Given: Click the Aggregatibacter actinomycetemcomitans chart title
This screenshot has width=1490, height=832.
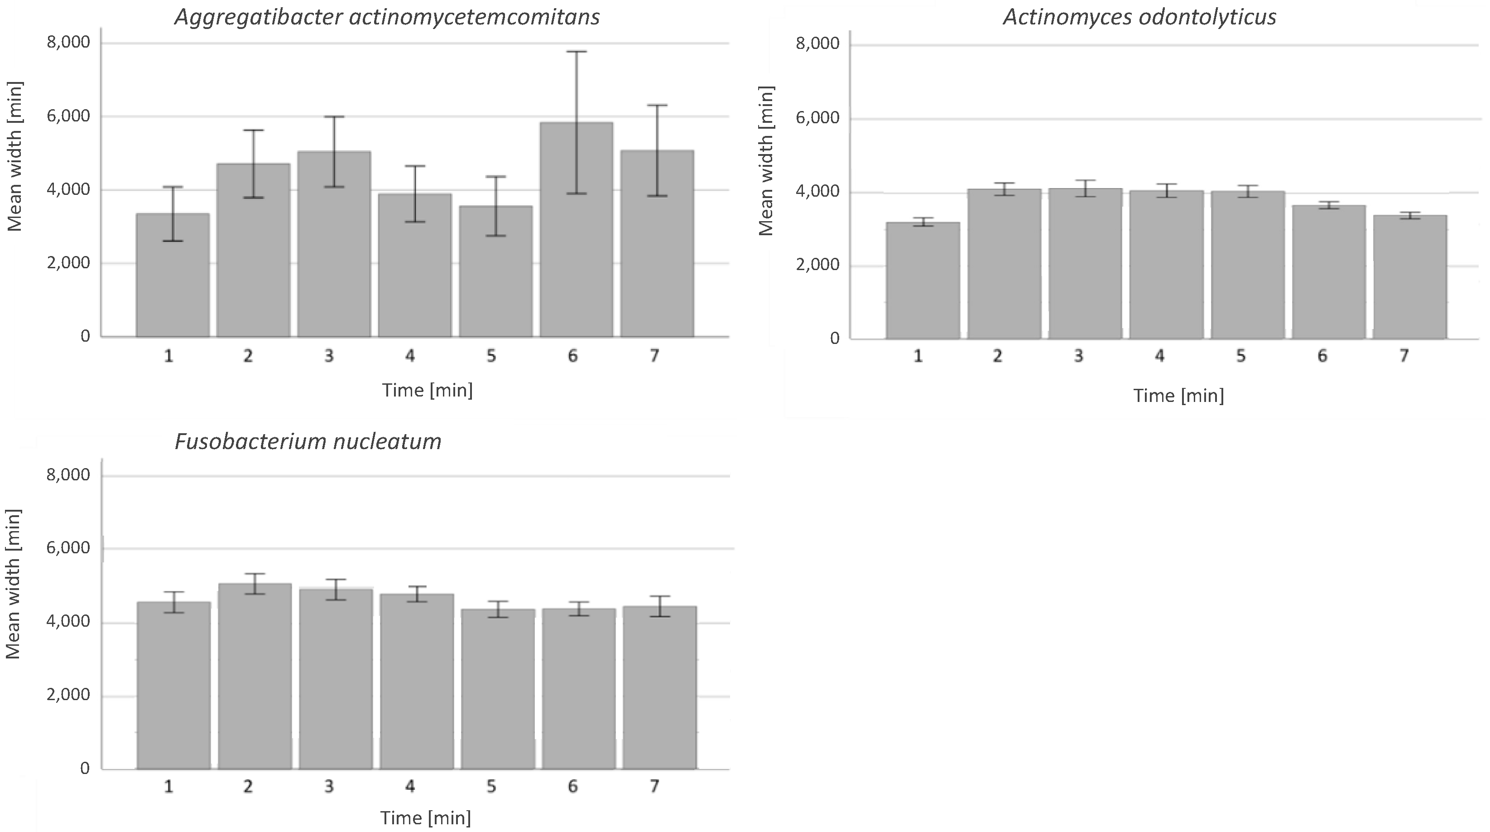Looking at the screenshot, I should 387,17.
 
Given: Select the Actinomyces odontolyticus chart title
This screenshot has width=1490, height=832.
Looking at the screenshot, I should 1139,17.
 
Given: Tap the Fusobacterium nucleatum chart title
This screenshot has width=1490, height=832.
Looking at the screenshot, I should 308,441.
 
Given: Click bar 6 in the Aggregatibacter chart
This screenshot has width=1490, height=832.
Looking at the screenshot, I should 576,232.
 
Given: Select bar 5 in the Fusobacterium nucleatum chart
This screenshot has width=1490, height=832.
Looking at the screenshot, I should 497,688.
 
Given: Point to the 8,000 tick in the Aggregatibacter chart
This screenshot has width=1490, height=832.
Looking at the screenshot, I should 69,43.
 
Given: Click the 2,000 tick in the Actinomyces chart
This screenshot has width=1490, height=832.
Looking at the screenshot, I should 817,265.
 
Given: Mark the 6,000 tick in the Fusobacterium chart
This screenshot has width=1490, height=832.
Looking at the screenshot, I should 69,548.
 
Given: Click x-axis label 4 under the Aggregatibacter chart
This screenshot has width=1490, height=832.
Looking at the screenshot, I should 409,356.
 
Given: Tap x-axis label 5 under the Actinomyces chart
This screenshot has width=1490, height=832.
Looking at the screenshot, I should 1241,356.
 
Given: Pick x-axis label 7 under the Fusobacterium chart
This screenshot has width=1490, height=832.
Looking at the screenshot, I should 654,786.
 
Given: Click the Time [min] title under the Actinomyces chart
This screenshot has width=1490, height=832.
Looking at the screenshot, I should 1178,396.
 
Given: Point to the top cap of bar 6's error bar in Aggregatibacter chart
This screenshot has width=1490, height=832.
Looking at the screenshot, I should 576,52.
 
